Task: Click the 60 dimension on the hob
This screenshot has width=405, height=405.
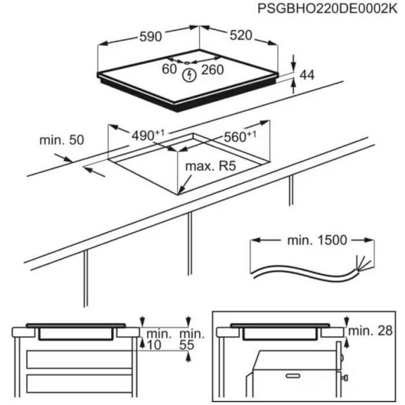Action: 169,69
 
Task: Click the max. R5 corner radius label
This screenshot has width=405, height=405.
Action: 209,168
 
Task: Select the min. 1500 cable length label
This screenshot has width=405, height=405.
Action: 316,240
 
